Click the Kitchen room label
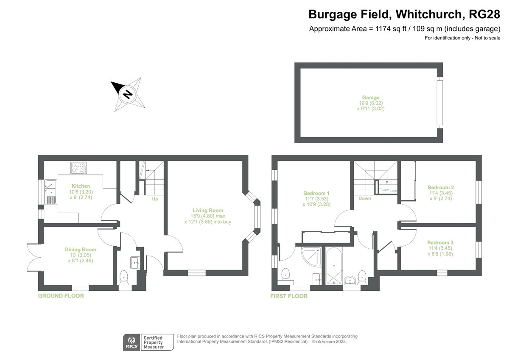(x=81, y=186)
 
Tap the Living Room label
(x=207, y=210)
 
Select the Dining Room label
(x=80, y=250)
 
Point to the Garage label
(x=370, y=98)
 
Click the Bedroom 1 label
(x=313, y=193)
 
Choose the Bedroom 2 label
(x=441, y=187)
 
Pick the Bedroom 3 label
(x=441, y=242)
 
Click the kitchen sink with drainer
(x=51, y=193)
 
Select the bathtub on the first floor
(x=335, y=266)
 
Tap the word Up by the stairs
(x=155, y=198)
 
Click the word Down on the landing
(x=364, y=198)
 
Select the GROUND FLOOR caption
(x=61, y=295)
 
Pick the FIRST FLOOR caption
(x=289, y=295)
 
